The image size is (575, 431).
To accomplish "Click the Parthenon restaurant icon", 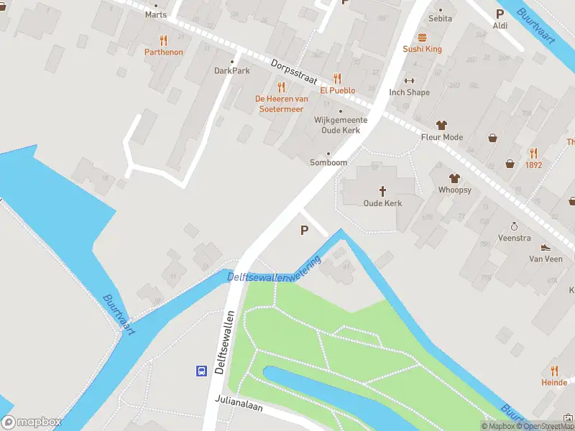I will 164,40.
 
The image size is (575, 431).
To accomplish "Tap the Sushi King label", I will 422,49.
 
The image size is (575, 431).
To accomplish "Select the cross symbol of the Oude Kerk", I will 382,191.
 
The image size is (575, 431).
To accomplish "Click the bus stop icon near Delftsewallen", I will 202,371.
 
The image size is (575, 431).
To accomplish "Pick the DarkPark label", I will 231,71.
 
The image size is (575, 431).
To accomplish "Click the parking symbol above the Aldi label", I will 500,14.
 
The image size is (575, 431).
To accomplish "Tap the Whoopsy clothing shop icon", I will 454,178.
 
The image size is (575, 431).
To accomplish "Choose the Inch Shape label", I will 410,92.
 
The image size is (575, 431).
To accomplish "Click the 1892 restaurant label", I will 533,164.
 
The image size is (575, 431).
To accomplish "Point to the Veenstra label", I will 515,237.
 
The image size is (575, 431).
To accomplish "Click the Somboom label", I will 328,162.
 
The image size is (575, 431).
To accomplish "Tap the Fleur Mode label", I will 442,137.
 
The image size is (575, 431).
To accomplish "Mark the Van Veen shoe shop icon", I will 546,247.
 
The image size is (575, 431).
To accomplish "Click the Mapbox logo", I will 32,422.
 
